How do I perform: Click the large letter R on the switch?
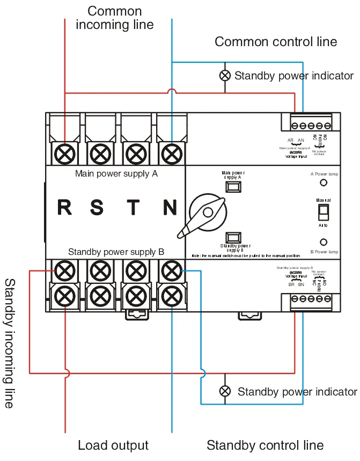(64, 207)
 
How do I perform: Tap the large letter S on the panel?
(97, 207)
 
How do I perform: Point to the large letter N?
(170, 207)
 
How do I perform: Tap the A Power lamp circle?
(324, 183)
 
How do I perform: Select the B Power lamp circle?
(324, 243)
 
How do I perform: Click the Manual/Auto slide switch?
(323, 213)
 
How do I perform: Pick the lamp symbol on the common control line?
(225, 76)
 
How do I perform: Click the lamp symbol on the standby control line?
(225, 391)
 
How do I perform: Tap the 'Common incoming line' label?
(114, 18)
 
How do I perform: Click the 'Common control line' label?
(276, 42)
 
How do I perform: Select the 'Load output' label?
(113, 445)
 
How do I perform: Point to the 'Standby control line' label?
(265, 445)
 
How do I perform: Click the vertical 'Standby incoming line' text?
(10, 343)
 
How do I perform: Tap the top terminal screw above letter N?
(172, 154)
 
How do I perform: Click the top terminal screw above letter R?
(65, 154)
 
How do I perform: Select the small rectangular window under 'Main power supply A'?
(233, 186)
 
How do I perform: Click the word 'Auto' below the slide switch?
(323, 225)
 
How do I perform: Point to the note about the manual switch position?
(246, 256)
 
